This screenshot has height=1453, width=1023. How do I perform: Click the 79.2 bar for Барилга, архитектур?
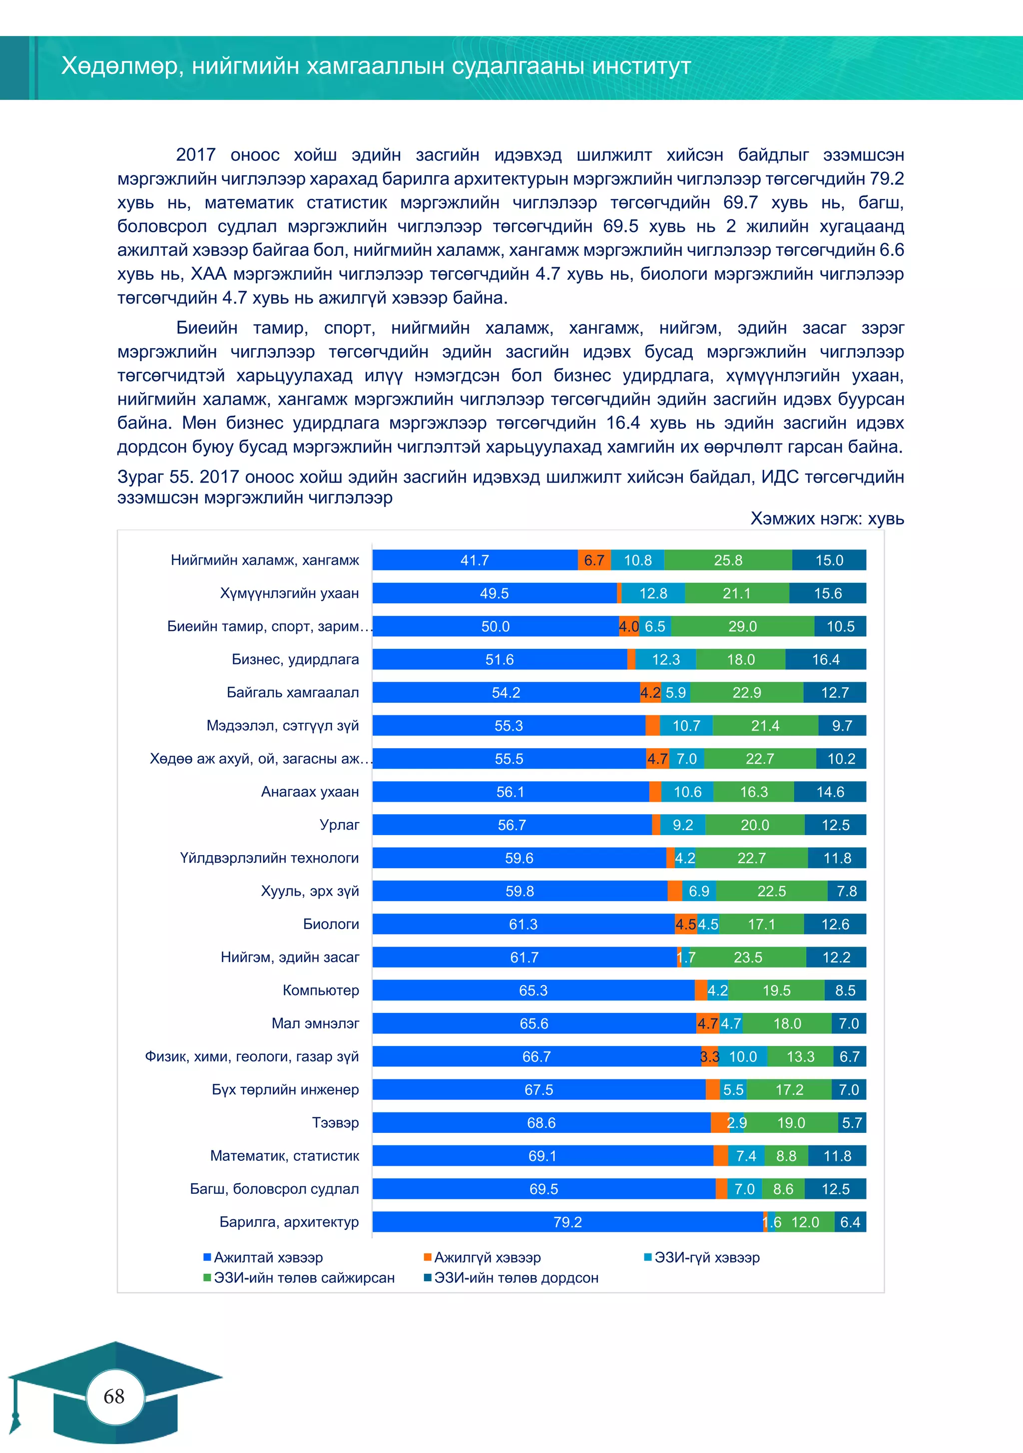coord(567,1222)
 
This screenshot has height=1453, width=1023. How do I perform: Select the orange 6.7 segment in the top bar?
coord(594,560)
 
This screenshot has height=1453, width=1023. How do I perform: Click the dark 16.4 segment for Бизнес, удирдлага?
coord(826,659)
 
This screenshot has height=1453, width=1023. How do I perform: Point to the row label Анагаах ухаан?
coord(310,792)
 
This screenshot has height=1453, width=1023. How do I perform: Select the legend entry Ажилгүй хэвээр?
coord(487,1258)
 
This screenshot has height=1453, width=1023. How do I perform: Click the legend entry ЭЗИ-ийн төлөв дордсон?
coord(515,1278)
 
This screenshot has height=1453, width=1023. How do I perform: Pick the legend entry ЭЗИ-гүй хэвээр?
coord(706,1258)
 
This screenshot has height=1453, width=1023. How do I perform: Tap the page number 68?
coord(114,1396)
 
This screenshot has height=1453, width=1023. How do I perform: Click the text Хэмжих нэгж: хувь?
coord(827,519)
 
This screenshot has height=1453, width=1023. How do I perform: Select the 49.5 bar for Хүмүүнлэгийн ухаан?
coord(494,593)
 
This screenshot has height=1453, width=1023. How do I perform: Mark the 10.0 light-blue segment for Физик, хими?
coord(743,1056)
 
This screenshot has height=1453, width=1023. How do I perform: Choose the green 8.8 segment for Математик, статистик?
coord(786,1156)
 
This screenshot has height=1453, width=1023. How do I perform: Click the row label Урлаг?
coord(339,825)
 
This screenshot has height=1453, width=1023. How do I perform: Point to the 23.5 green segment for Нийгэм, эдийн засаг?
coord(748,957)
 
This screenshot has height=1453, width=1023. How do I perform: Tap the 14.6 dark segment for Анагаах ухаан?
coord(830,792)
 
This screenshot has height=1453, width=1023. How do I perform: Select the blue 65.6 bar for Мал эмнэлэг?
coord(533,1023)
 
